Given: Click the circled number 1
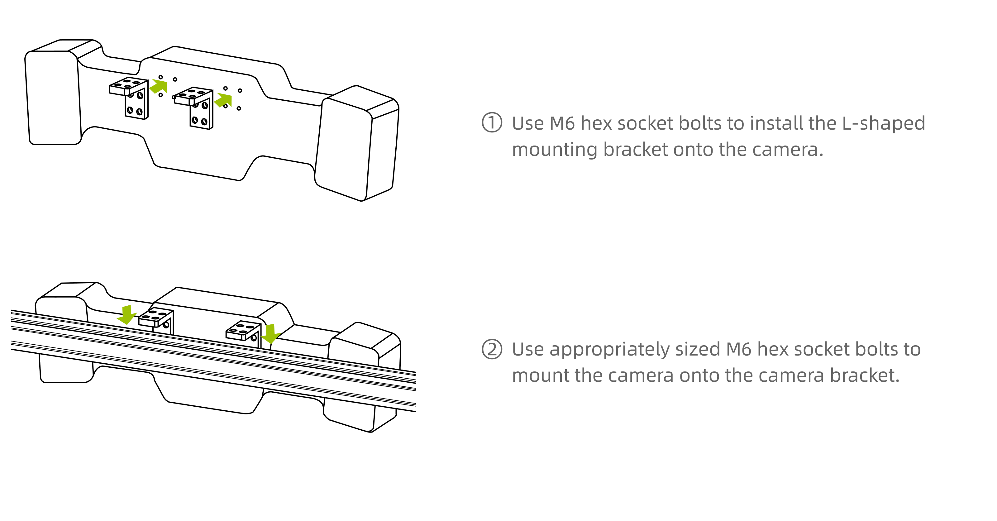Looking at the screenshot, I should [x=492, y=123].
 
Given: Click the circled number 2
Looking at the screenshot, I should [x=492, y=349].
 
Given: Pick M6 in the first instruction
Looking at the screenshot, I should [x=562, y=123].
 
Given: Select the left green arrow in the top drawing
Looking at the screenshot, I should [x=159, y=86].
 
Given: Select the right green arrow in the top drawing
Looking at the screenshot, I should [x=223, y=100].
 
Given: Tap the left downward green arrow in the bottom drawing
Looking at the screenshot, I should [x=126, y=314].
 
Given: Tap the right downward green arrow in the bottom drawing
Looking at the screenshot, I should [x=270, y=334].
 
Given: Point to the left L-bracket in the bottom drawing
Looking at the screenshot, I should [x=157, y=319].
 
